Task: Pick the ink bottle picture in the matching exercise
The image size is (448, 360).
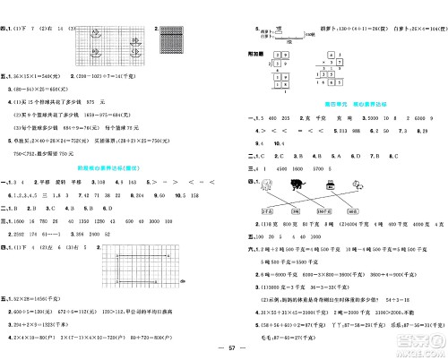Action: [330, 185]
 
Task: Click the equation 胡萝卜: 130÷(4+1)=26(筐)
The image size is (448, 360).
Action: [340, 28]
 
